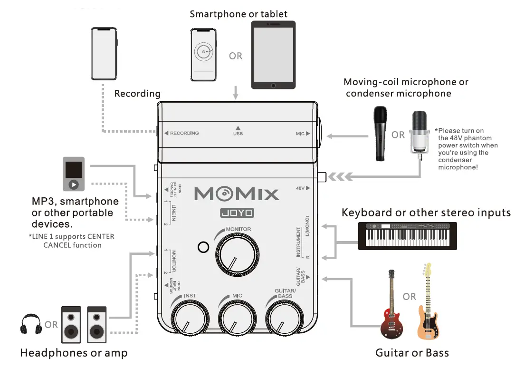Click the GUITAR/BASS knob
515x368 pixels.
[285, 319]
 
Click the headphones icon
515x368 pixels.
[30, 323]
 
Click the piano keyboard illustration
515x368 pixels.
[407, 235]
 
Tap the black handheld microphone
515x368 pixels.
[379, 133]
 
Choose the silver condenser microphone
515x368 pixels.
[420, 133]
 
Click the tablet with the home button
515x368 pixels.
[273, 55]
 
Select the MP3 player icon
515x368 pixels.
[74, 174]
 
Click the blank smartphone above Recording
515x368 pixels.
[104, 53]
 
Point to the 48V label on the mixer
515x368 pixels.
[300, 188]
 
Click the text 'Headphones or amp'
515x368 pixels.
[74, 353]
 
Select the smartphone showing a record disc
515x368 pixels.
[204, 55]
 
